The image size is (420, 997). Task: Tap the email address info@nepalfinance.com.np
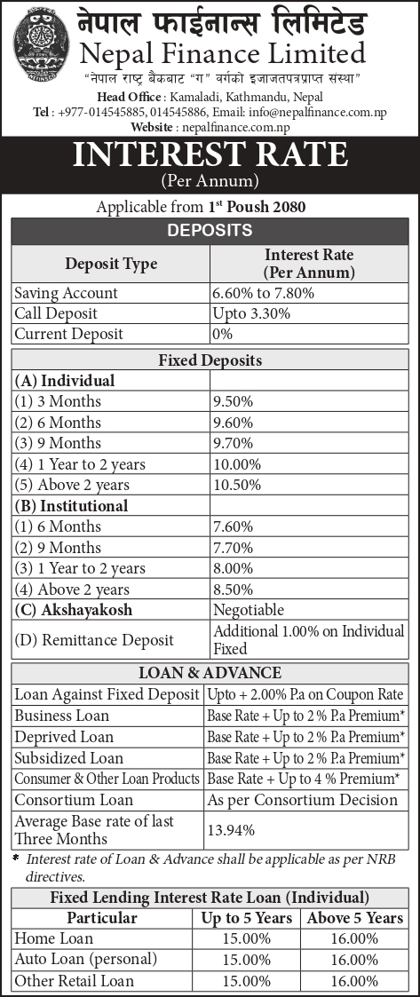click(x=306, y=112)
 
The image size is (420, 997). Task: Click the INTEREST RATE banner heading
click(x=210, y=155)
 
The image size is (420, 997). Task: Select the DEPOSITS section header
click(x=210, y=231)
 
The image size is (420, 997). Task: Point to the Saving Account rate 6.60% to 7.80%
click(x=263, y=293)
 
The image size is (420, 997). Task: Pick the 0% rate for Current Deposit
click(x=222, y=334)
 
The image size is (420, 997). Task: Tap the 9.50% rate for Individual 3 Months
click(x=233, y=401)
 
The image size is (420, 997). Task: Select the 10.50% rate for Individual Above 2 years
click(x=236, y=485)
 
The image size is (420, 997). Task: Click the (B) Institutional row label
click(x=71, y=506)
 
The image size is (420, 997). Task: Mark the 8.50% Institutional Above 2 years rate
click(x=233, y=589)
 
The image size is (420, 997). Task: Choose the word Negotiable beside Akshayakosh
click(x=249, y=610)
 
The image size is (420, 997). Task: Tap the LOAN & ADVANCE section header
click(x=210, y=673)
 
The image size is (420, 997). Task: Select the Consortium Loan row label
click(x=74, y=800)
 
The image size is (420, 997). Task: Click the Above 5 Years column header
click(x=354, y=918)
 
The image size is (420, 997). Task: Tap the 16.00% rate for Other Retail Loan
click(x=354, y=981)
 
